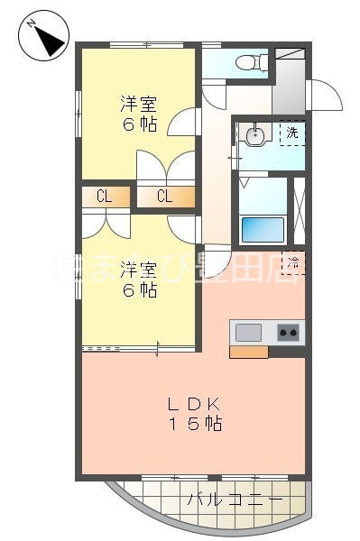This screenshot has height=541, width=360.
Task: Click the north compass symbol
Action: pyautogui.click(x=42, y=37)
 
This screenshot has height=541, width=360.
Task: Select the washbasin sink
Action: pyautogui.click(x=256, y=136)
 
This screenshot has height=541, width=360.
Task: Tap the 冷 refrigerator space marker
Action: pyautogui.click(x=294, y=262)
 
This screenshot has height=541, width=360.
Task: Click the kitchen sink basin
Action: pyautogui.click(x=249, y=333)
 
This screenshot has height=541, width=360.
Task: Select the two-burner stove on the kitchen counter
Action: pyautogui.click(x=289, y=333)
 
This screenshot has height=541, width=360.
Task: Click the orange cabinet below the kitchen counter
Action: pyautogui.click(x=248, y=352)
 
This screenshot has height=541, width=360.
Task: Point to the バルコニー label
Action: pyautogui.click(x=235, y=499)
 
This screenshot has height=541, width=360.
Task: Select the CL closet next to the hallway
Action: pyautogui.click(x=165, y=197)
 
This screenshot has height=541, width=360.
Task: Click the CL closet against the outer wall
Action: pyautogui.click(x=104, y=197)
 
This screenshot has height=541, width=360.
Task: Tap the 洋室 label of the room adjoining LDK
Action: pyautogui.click(x=140, y=270)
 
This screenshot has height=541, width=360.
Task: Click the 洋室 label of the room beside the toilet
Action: pyautogui.click(x=140, y=103)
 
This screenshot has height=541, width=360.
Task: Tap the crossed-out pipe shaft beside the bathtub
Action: pyautogui.click(x=300, y=212)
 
